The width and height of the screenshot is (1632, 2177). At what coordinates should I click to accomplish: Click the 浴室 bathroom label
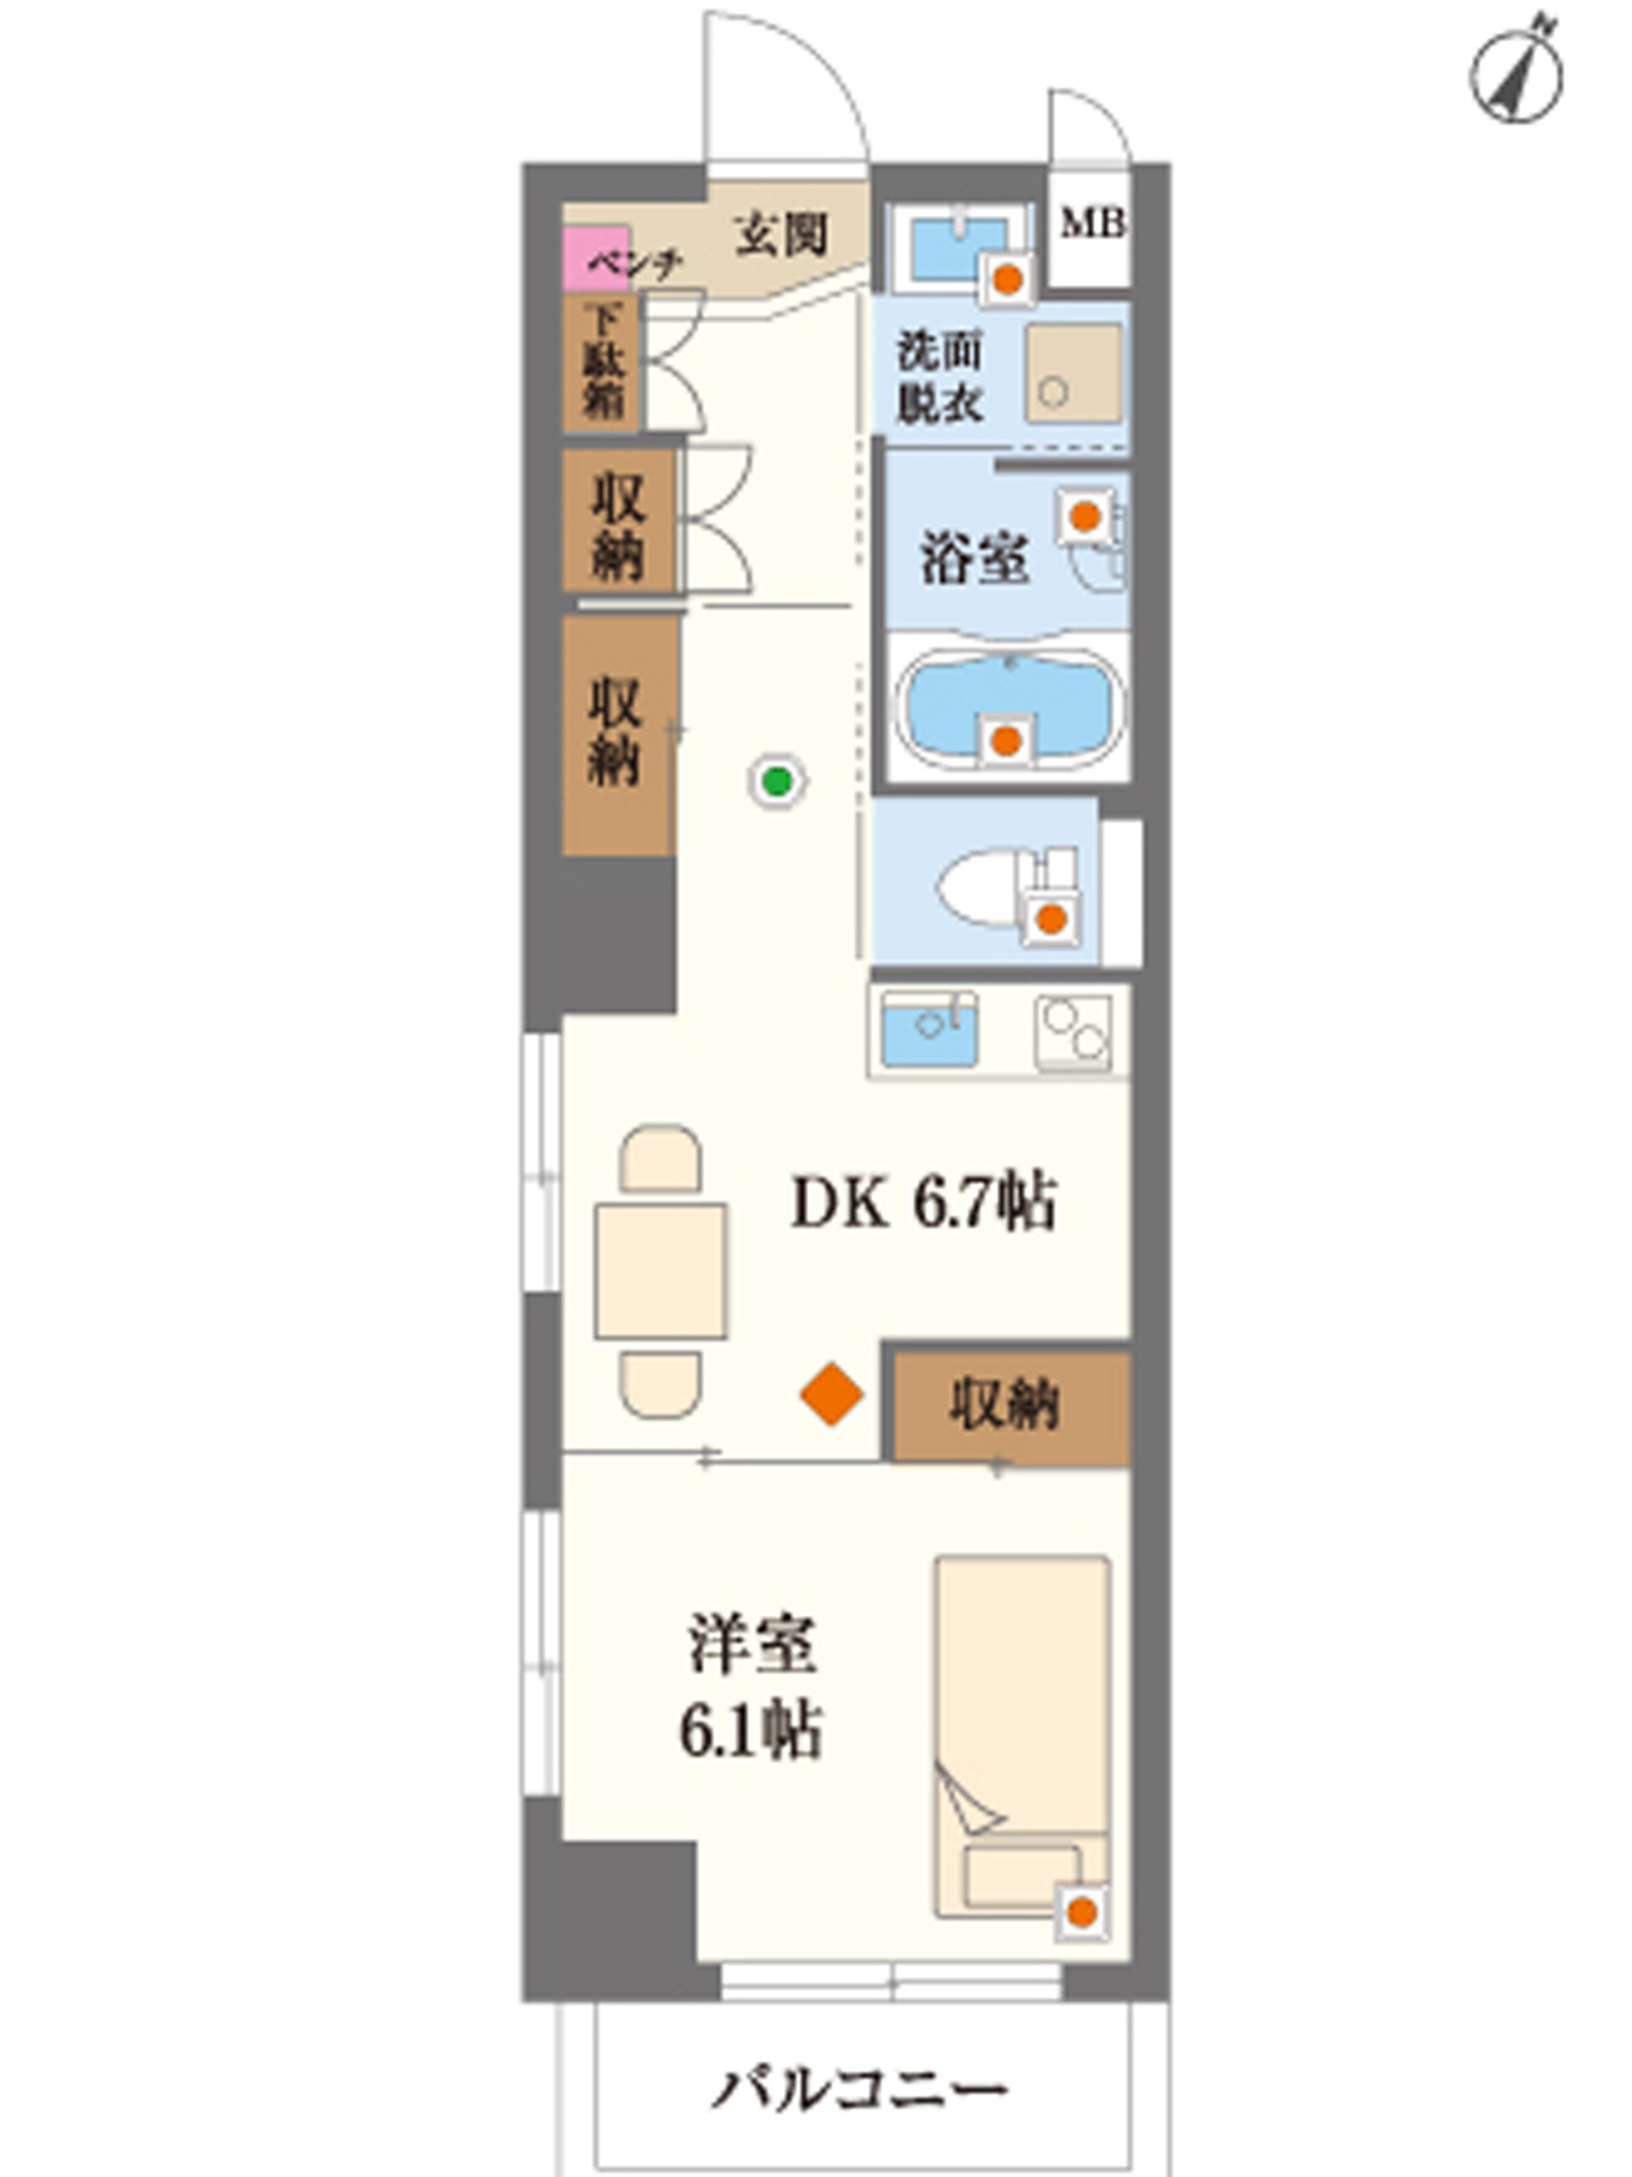(974, 558)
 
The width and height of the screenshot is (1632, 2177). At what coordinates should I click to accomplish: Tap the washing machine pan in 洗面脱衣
(1073, 373)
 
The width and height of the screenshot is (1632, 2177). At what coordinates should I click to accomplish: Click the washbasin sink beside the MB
(958, 248)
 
